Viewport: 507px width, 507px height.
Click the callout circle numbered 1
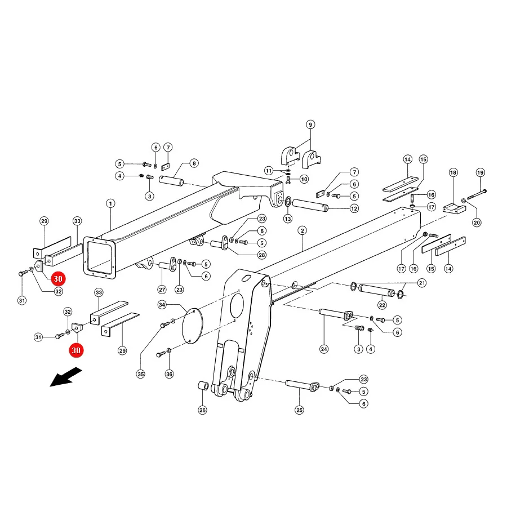110,203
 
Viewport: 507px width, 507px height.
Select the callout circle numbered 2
303,230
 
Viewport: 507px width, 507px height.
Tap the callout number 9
310,124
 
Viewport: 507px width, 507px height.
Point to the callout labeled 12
354,208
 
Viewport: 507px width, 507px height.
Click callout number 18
453,172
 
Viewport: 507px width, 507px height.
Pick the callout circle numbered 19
481,172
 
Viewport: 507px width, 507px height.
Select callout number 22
382,305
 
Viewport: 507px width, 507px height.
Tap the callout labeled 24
324,349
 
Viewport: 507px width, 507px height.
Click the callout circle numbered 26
202,410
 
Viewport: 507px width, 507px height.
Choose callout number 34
162,305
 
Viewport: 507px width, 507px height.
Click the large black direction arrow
66,377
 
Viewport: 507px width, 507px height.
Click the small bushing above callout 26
202,386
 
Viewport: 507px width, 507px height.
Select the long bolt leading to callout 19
477,195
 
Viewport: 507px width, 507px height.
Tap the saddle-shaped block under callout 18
454,209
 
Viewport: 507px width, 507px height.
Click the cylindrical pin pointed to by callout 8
171,180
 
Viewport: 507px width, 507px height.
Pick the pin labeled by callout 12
310,205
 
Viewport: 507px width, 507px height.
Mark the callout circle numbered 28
262,255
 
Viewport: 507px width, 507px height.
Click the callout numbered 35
141,374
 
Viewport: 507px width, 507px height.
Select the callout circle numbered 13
288,219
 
